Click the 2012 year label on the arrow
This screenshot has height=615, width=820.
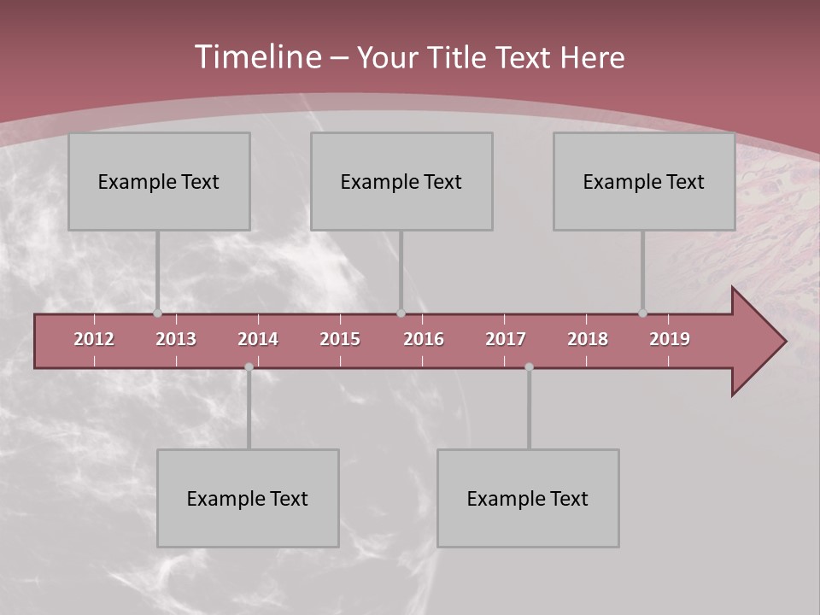tap(94, 339)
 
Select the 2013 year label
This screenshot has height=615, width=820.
tap(176, 339)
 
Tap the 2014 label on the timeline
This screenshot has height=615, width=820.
tap(258, 339)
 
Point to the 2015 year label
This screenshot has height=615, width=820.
tap(340, 339)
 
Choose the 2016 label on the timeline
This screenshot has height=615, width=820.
tap(424, 339)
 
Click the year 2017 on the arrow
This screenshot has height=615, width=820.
tap(506, 339)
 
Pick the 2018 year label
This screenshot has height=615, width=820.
tap(588, 339)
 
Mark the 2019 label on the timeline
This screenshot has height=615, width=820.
tap(670, 339)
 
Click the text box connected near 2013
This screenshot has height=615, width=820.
tap(159, 181)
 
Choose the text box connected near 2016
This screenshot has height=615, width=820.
tap(401, 181)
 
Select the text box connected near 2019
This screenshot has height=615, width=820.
tap(644, 181)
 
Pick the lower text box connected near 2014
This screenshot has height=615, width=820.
tap(248, 498)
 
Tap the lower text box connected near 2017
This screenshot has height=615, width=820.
tap(528, 498)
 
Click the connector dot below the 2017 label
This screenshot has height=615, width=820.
tap(529, 366)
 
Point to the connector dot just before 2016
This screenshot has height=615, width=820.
tap(401, 313)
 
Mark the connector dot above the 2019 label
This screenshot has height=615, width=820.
tap(642, 313)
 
